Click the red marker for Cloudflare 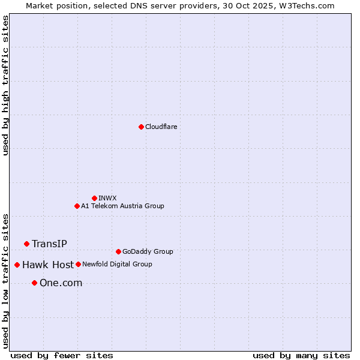pyautogui.click(x=141, y=127)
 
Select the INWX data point pyautogui.click(x=94, y=198)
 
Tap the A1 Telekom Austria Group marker pyautogui.click(x=77, y=206)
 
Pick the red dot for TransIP pyautogui.click(x=26, y=244)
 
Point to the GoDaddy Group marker pyautogui.click(x=118, y=251)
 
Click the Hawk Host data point pyautogui.click(x=17, y=265)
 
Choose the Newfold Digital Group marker pyautogui.click(x=78, y=264)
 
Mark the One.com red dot pyautogui.click(x=34, y=283)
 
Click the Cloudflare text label pyautogui.click(x=161, y=127)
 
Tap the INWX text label pyautogui.click(x=107, y=198)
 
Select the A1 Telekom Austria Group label pyautogui.click(x=122, y=206)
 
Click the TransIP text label pyautogui.click(x=49, y=244)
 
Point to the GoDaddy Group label pyautogui.click(x=148, y=251)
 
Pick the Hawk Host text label pyautogui.click(x=48, y=265)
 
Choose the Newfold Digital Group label pyautogui.click(x=117, y=264)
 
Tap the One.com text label pyautogui.click(x=61, y=283)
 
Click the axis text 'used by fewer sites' pyautogui.click(x=62, y=355)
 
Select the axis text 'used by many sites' pyautogui.click(x=301, y=355)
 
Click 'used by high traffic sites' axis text pyautogui.click(x=6, y=85)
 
